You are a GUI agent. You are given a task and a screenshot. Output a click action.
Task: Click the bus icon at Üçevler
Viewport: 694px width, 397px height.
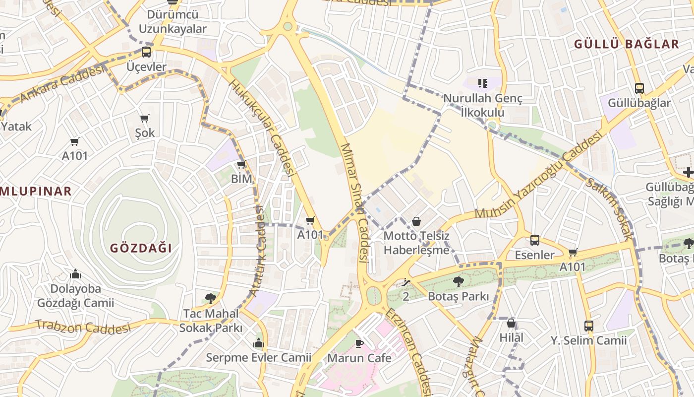pyautogui.click(x=146, y=52)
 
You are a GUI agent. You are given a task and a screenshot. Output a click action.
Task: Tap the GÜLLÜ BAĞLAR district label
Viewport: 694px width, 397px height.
pyautogui.click(x=626, y=44)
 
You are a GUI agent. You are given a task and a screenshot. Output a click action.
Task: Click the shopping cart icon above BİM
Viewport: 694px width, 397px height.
pyautogui.click(x=241, y=164)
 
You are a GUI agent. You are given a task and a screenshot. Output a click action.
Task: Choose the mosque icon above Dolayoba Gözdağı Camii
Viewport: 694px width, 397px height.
pyautogui.click(x=75, y=274)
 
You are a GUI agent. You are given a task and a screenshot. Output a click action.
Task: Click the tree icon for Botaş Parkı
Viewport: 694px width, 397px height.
pyautogui.click(x=459, y=282)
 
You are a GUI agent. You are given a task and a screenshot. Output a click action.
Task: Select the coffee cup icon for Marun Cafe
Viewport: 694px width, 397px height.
pyautogui.click(x=359, y=343)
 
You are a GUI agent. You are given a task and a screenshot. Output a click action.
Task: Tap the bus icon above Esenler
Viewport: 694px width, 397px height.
pyautogui.click(x=534, y=240)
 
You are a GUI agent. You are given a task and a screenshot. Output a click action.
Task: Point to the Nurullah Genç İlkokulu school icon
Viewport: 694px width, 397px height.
pyautogui.click(x=482, y=83)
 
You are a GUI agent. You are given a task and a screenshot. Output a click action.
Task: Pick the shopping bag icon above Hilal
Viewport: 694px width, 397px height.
pyautogui.click(x=511, y=324)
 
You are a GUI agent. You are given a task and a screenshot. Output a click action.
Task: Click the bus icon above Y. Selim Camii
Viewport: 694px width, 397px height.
pyautogui.click(x=588, y=326)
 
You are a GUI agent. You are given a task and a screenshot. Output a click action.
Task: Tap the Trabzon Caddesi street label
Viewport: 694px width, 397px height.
pyautogui.click(x=83, y=327)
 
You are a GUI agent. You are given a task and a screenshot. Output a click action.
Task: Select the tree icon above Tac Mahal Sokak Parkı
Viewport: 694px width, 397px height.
pyautogui.click(x=210, y=299)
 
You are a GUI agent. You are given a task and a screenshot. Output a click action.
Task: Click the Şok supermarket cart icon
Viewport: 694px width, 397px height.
pyautogui.click(x=145, y=118)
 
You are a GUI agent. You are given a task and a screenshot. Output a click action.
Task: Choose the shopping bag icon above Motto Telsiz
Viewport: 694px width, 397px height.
pyautogui.click(x=416, y=221)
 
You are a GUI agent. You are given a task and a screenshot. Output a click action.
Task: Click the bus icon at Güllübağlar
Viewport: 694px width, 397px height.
pyautogui.click(x=639, y=88)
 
